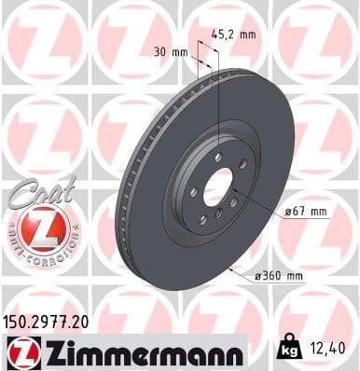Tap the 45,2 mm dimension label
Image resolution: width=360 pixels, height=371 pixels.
click(234, 34)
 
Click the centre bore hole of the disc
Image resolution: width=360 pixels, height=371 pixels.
click(216, 185)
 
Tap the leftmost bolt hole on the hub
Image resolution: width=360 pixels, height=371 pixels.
click(193, 192)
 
